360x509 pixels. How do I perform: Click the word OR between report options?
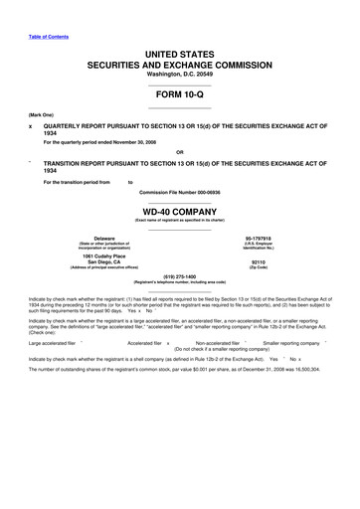tap(179, 151)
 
